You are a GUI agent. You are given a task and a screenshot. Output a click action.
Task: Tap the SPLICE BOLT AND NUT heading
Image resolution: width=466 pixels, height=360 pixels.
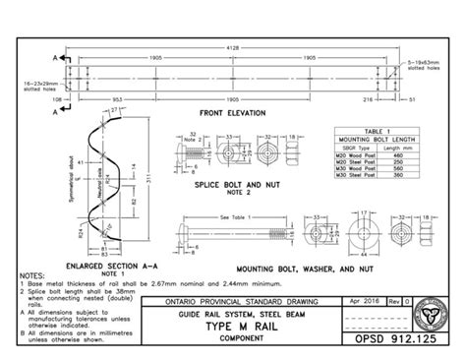click(236, 185)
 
